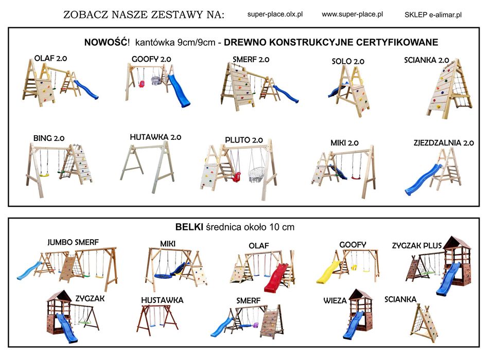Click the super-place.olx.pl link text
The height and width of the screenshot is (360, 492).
point(275,14)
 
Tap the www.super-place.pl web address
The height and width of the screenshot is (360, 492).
point(353,14)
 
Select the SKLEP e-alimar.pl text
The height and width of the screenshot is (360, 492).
point(433,15)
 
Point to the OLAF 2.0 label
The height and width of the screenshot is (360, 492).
point(50,58)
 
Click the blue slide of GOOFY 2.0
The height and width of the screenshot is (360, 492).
point(180,91)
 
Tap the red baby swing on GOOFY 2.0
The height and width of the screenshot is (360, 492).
point(142,84)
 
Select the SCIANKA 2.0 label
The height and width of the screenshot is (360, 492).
point(427,60)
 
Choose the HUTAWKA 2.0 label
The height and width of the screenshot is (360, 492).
point(155,137)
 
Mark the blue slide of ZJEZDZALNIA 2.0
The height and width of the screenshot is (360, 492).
point(423,180)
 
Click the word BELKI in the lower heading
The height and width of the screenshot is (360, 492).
point(189,227)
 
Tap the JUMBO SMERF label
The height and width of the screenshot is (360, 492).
point(73,242)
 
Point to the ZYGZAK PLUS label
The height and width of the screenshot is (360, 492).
point(417,245)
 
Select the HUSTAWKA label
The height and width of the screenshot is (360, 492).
point(162,300)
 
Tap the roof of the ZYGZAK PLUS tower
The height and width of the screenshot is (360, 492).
point(457,242)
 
